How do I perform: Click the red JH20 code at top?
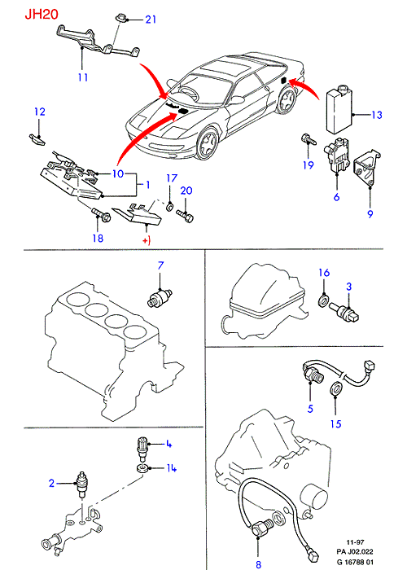tap(42, 15)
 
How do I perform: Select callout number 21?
tap(151, 19)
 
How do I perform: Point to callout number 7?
tap(160, 265)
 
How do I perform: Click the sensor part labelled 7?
tap(160, 296)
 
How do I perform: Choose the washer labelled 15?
tap(335, 388)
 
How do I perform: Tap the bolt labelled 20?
tap(186, 216)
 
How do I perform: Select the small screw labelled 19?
tap(308, 139)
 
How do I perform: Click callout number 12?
tap(40, 112)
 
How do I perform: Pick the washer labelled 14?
tap(143, 468)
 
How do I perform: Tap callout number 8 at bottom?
tap(258, 563)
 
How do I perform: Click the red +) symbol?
tap(147, 240)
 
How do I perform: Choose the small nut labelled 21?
tap(120, 18)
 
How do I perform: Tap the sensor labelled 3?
tap(344, 313)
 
